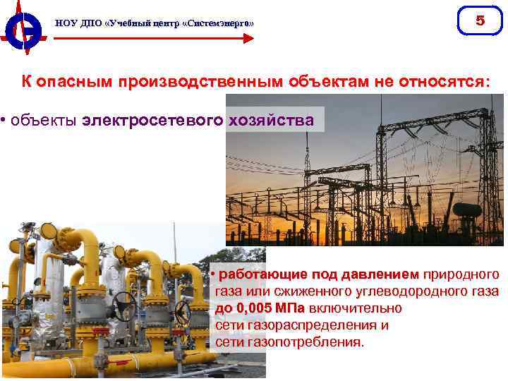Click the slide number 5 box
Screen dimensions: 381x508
click(480, 21)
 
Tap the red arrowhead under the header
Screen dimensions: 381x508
click(248, 38)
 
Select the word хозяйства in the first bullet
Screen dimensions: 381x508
click(270, 120)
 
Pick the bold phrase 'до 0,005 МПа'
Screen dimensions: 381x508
click(259, 308)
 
